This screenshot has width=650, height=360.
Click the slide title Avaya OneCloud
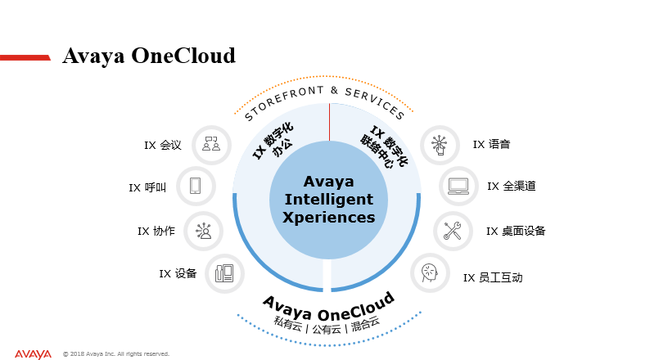[149, 56]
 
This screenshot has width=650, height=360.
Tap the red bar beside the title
[25, 57]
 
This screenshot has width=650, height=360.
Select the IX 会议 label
[162, 146]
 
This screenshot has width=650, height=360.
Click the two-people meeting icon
[211, 144]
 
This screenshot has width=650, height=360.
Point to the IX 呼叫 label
[147, 187]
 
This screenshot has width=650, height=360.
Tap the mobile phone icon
[196, 186]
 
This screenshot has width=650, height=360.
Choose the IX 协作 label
[156, 232]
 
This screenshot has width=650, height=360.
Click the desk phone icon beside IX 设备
[224, 273]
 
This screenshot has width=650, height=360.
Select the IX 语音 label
[491, 144]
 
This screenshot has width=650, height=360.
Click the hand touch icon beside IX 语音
[440, 145]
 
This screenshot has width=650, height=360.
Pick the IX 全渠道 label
[511, 186]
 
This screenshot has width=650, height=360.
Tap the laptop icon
[458, 187]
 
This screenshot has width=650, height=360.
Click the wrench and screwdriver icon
[452, 231]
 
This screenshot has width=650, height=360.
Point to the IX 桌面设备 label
[516, 232]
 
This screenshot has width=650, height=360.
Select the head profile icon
[430, 273]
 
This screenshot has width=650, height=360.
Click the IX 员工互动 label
[493, 277]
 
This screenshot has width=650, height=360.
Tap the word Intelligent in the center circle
[329, 200]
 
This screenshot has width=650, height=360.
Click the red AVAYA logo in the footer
[34, 354]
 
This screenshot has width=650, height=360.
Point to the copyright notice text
[116, 353]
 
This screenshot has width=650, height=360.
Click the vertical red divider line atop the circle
[330, 122]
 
